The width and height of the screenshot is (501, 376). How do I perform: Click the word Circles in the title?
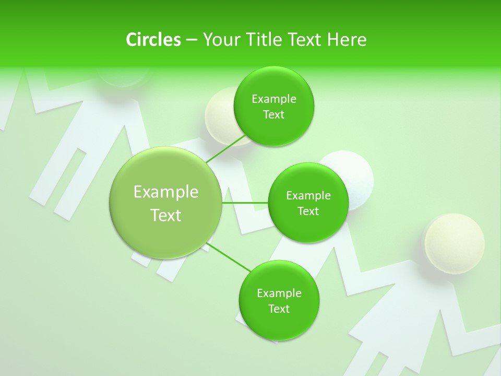(153, 40)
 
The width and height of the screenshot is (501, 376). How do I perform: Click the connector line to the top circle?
(226, 149)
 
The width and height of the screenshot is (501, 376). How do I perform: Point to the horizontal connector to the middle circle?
(245, 203)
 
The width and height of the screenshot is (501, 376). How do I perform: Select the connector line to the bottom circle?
(228, 257)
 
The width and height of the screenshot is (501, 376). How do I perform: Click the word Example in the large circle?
(165, 192)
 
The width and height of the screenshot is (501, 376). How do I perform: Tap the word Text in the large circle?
(165, 215)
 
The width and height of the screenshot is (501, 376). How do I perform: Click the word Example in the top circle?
(273, 99)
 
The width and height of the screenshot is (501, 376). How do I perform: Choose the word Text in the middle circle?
(308, 211)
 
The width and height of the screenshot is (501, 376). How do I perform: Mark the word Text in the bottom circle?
(279, 309)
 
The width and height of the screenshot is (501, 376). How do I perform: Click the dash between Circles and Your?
(191, 40)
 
